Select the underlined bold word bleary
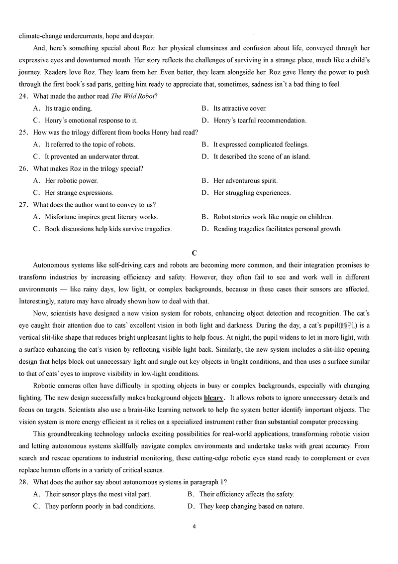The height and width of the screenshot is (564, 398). (214, 398)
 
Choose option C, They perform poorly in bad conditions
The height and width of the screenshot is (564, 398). (100, 506)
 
